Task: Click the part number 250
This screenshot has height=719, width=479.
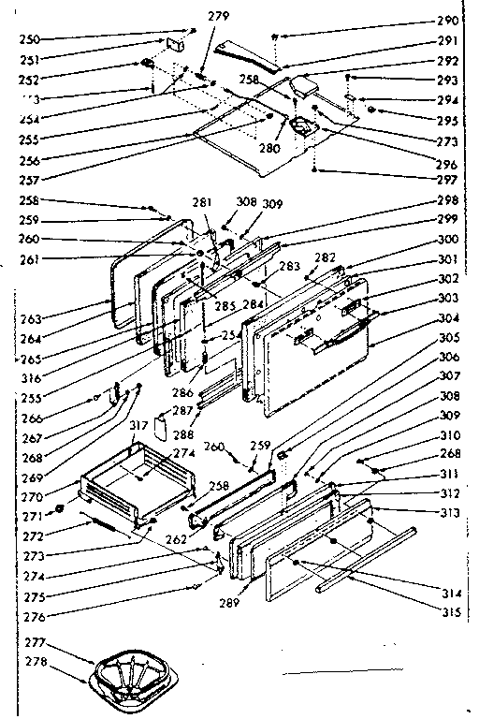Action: pyautogui.click(x=27, y=40)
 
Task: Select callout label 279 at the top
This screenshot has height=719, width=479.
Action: pyautogui.click(x=218, y=16)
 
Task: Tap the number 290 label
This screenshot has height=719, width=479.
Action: pyautogui.click(x=447, y=21)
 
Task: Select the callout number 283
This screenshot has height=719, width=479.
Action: pyautogui.click(x=289, y=267)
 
